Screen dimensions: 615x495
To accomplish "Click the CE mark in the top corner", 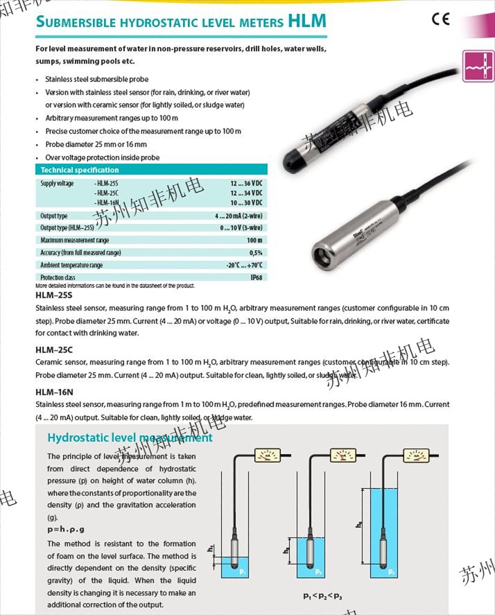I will click(x=441, y=19).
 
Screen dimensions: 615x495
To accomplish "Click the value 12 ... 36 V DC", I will click(x=247, y=183).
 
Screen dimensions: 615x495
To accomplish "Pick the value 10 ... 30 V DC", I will click(x=247, y=202).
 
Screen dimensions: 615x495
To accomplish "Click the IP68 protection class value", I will click(x=256, y=277).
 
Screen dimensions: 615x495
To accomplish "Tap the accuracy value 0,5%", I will click(x=256, y=252).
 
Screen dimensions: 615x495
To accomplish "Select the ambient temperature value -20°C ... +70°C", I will click(x=244, y=265).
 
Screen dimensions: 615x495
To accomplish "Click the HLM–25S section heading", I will click(x=53, y=295).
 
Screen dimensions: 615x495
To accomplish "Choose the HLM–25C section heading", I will click(x=53, y=350).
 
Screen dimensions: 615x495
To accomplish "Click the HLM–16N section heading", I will click(x=54, y=392).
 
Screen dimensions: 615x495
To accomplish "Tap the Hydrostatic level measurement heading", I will click(x=130, y=438).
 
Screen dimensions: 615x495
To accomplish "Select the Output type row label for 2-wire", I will click(x=54, y=216).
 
